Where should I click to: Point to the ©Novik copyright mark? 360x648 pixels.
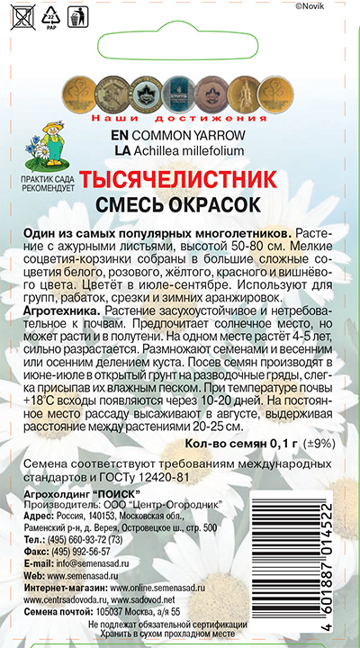[337, 6]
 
